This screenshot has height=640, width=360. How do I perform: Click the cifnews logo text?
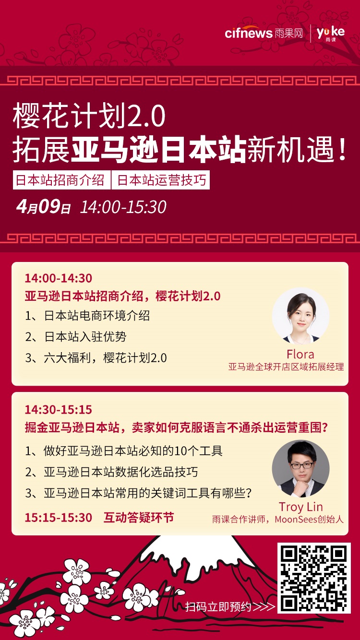point(249,33)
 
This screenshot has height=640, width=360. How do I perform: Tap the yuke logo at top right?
point(331,33)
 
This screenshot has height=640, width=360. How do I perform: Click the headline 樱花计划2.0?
point(89,116)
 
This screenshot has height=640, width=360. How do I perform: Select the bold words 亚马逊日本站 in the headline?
point(159,150)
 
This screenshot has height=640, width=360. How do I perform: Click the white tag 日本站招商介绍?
point(60,180)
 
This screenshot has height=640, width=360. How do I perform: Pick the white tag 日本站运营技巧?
point(161,180)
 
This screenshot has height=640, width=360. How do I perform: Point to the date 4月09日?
point(43,207)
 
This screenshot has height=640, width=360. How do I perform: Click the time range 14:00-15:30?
point(123,207)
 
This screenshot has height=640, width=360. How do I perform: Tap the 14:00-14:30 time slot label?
point(59,278)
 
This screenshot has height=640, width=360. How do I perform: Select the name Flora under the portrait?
point(300,355)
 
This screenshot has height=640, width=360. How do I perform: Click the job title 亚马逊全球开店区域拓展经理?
point(286,367)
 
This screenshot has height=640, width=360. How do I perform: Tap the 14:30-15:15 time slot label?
point(59,410)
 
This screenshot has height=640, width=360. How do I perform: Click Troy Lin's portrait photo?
point(300,469)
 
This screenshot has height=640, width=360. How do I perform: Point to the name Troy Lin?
point(300,507)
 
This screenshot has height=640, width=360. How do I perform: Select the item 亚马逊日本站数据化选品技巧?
point(120,472)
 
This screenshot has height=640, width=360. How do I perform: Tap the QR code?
point(314,578)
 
